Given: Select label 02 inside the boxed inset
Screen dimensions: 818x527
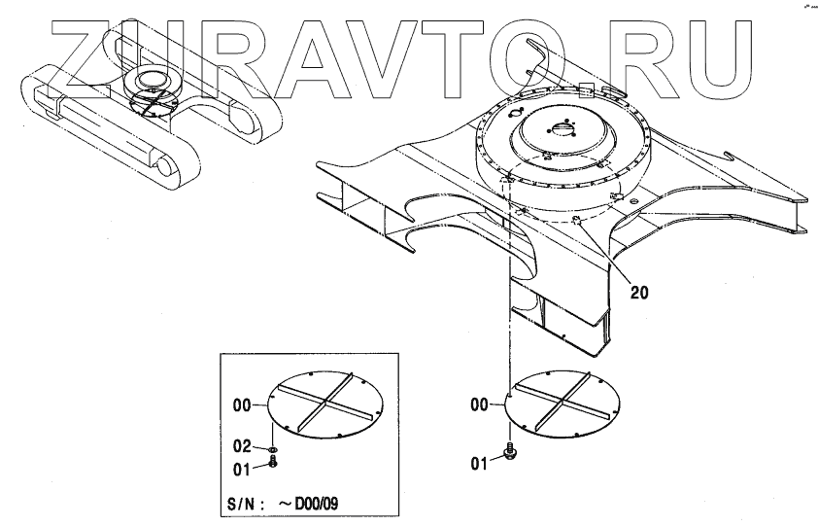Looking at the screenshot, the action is click(242, 446).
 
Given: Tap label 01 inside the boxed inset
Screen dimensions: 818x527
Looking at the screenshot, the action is click(242, 469).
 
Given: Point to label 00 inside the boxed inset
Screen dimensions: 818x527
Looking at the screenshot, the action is click(242, 402).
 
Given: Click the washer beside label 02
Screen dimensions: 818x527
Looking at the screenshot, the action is click(273, 450).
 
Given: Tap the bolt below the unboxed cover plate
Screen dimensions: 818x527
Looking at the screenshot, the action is click(509, 451).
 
